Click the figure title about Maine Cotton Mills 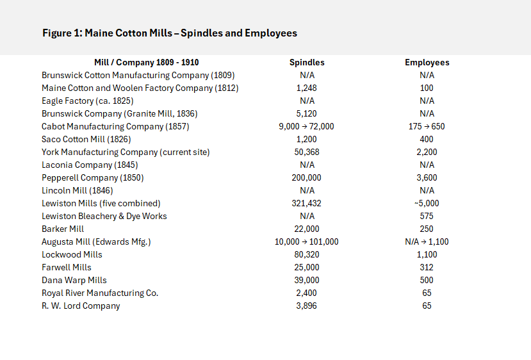pyautogui.click(x=170, y=33)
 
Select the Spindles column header pyautogui.click(x=307, y=63)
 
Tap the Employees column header pyautogui.click(x=427, y=63)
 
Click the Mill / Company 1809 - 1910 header pyautogui.click(x=146, y=63)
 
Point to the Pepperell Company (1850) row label pyautogui.click(x=93, y=177)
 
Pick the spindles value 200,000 pyautogui.click(x=307, y=177)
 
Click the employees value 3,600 pyautogui.click(x=427, y=177)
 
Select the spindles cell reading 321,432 pyautogui.click(x=307, y=203)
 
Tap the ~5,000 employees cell pyautogui.click(x=427, y=203)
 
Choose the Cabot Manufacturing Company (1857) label pyautogui.click(x=115, y=126)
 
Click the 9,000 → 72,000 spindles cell pyautogui.click(x=307, y=126)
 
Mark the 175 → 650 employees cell pyautogui.click(x=427, y=126)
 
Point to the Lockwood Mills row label pyautogui.click(x=72, y=254)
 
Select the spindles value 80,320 pyautogui.click(x=307, y=254)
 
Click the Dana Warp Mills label pyautogui.click(x=74, y=280)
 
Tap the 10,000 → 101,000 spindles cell pyautogui.click(x=307, y=241)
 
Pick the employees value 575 pyautogui.click(x=427, y=216)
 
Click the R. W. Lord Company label pyautogui.click(x=81, y=306)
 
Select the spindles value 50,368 pyautogui.click(x=307, y=152)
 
